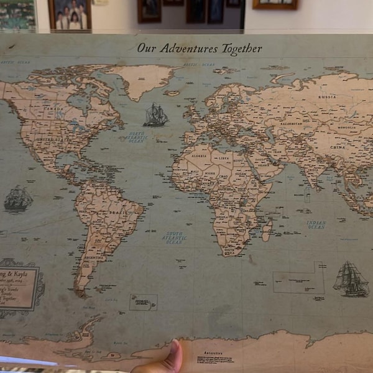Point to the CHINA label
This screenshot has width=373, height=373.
[x=337, y=147]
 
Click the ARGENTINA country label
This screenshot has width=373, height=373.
[x=93, y=257]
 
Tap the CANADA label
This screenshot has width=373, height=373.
[x=53, y=107]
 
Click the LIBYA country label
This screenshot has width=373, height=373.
[x=223, y=159]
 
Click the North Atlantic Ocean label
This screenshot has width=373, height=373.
[x=136, y=137]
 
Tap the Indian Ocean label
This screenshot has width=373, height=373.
[x=316, y=224]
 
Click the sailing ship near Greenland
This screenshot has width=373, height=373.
[x=155, y=115]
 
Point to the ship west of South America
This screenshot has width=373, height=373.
[x=18, y=199]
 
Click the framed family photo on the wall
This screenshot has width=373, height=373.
[x=70, y=15]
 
